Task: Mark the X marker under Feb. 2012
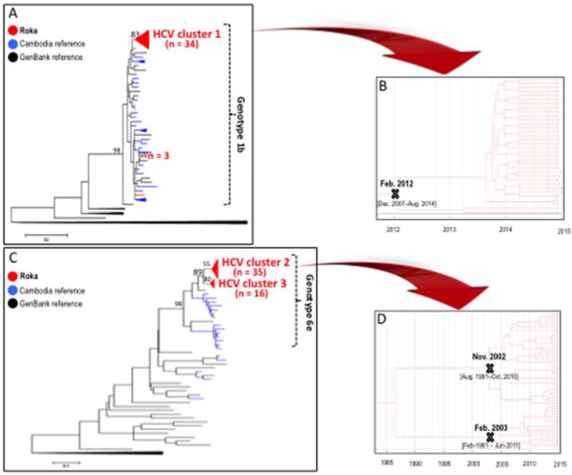click(x=395, y=194)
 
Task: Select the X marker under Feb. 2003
click(x=490, y=436)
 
